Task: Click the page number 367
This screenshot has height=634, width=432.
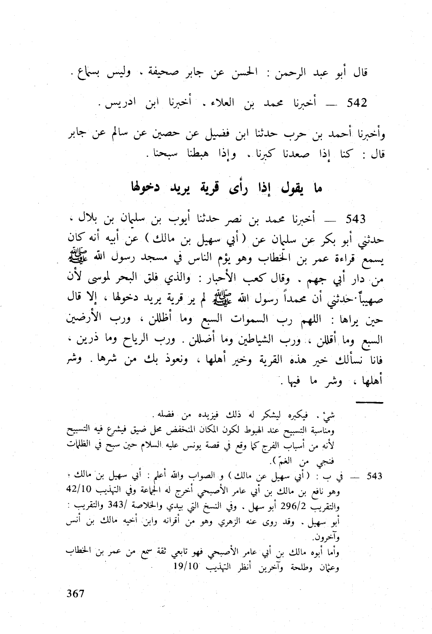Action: [76, 593]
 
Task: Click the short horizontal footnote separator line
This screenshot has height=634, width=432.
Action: [370, 403]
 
